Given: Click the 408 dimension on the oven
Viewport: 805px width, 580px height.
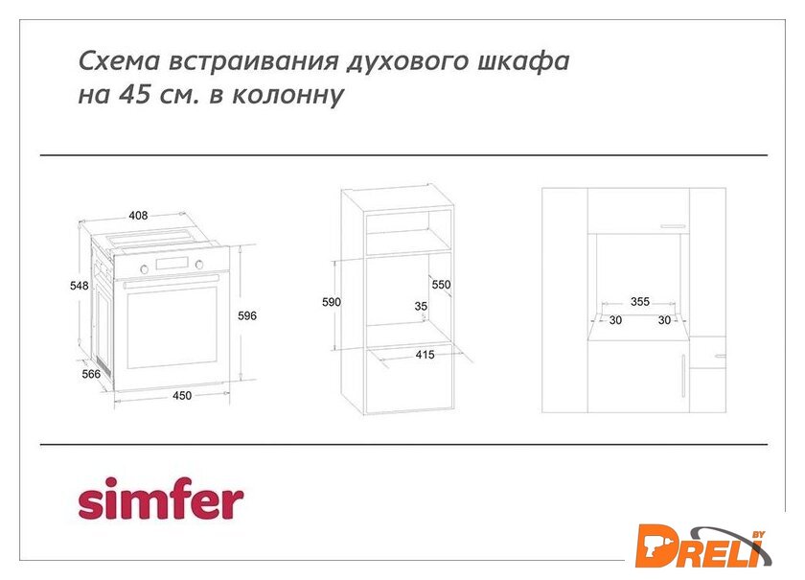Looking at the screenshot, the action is pos(138,216).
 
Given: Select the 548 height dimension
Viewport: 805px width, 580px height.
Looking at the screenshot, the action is pos(80,286).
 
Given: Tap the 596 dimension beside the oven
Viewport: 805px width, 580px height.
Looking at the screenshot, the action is pos(247,316).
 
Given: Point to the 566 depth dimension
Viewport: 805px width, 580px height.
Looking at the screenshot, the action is pos(91,374).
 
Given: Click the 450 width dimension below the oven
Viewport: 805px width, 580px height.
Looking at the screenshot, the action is pos(182,396).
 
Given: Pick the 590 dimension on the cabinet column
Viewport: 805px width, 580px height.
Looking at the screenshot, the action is pos(332,302).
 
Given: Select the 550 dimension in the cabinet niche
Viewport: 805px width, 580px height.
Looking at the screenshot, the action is pos(441,285).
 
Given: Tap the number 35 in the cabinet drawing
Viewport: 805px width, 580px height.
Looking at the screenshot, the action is pos(421,306).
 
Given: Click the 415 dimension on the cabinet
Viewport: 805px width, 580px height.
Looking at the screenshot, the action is pos(425,355).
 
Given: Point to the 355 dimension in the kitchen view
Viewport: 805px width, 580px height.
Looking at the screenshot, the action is pos(640,302).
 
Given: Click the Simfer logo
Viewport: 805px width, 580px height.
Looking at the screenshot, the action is pos(161,498).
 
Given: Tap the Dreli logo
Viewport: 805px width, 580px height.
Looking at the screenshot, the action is pos(703,546).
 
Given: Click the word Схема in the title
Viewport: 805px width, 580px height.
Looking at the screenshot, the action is pos(120,61).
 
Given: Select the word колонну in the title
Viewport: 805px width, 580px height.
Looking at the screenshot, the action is pos(288,96).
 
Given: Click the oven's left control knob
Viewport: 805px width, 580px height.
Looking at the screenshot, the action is pos(145,269).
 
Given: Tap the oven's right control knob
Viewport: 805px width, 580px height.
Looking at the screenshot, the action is pos(199,265).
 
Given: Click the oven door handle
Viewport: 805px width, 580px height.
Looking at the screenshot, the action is pos(171,281).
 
